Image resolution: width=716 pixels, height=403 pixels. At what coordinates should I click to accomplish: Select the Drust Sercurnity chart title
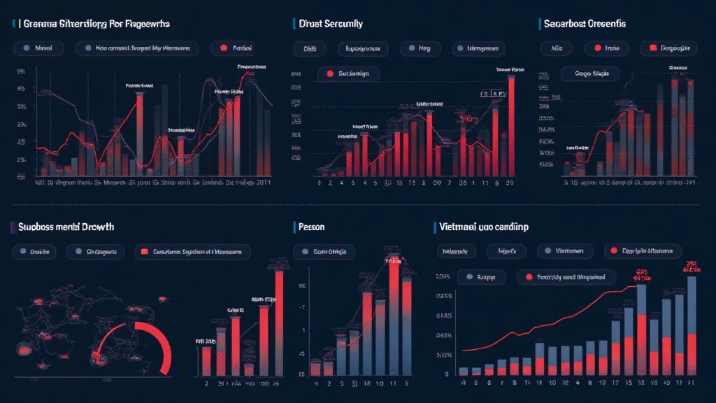click(331, 24)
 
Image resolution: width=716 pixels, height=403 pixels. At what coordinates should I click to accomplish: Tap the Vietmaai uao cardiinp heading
click(485, 227)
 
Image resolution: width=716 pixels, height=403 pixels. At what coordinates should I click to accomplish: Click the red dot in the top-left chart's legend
click(224, 49)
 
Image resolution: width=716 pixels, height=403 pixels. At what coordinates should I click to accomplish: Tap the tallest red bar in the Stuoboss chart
click(279, 322)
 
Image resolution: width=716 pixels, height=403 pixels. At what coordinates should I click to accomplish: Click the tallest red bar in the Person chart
click(394, 315)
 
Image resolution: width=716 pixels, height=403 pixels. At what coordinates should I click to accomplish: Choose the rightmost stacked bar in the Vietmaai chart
click(692, 325)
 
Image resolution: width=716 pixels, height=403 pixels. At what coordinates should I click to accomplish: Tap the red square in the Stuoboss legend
click(145, 252)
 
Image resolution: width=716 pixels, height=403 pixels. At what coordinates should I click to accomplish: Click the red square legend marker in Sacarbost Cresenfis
click(652, 49)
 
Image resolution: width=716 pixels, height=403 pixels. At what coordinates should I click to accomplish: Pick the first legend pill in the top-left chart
click(38, 49)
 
